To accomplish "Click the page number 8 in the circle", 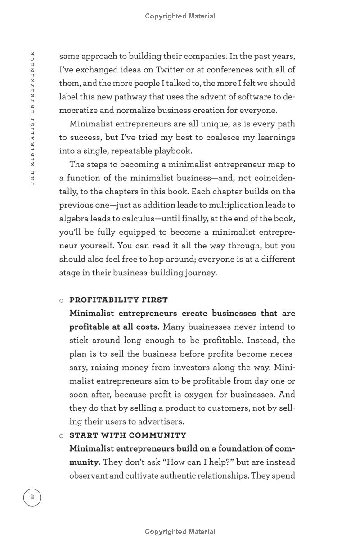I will point(32,497).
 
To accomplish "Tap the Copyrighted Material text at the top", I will point(180,16).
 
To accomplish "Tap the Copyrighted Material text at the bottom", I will point(180,532).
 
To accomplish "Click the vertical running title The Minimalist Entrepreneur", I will point(32,118).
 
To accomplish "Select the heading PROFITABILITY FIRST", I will point(118,300).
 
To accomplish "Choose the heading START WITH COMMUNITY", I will point(128,435).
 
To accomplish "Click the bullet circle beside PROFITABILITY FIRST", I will point(62,300).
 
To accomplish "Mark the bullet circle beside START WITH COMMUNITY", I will point(62,436).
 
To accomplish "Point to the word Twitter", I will point(170,70).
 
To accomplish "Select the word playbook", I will point(173,151).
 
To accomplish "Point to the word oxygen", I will point(213,395).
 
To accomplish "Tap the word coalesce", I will point(216,138).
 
